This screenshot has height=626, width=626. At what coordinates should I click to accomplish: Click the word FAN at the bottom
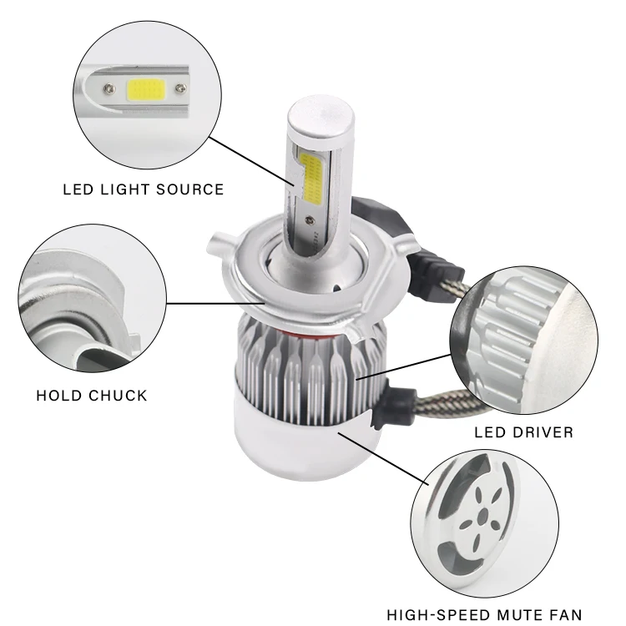click(565, 614)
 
